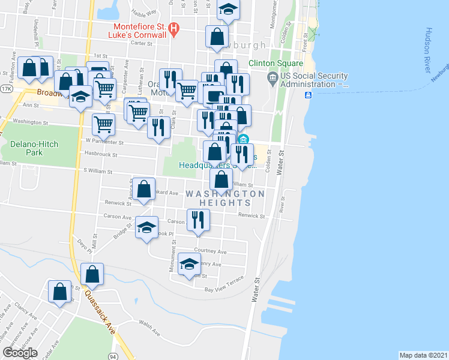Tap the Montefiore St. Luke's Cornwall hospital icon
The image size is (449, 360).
pos(174,28)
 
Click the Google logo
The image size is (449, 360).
pos(20,353)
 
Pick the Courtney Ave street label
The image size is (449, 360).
pos(210,251)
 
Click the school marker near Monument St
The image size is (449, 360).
pos(189,263)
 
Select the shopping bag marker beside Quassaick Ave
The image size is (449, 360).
pos(92,274)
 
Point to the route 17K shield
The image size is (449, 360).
pos(7,88)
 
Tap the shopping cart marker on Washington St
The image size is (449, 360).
pos(104,124)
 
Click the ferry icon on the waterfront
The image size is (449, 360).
pos(308,95)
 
